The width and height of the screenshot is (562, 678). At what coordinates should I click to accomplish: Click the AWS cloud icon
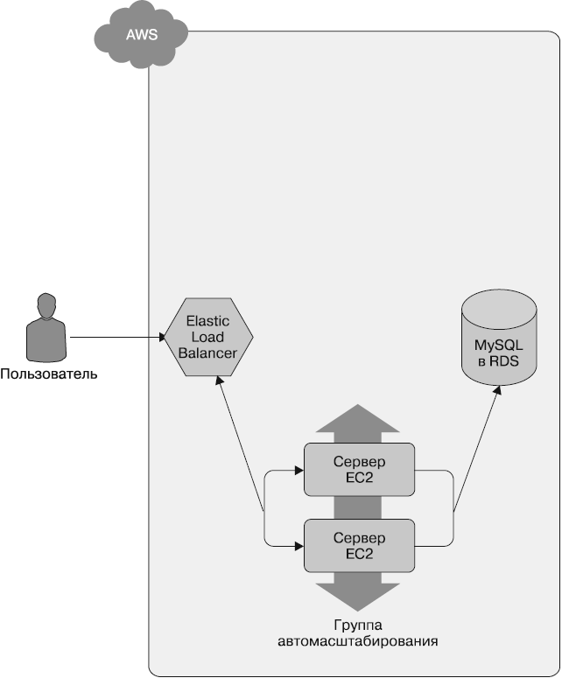click(x=140, y=34)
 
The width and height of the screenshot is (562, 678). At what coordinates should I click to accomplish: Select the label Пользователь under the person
click(x=48, y=375)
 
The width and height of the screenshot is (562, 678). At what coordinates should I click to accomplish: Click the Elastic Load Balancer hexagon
click(x=208, y=337)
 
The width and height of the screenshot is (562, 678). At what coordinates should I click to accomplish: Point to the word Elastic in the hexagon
click(x=208, y=322)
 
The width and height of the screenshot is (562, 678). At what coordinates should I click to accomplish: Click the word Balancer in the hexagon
click(x=208, y=353)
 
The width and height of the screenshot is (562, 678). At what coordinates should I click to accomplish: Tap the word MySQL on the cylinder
click(x=498, y=346)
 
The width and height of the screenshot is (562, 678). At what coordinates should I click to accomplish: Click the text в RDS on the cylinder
click(x=498, y=360)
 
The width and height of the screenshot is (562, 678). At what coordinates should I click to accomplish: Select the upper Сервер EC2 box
click(x=360, y=469)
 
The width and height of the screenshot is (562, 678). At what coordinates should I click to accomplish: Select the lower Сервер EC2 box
click(x=360, y=545)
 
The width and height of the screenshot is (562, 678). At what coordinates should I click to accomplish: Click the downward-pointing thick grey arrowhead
click(x=360, y=597)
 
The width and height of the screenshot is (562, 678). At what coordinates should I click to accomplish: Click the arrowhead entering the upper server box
click(x=299, y=471)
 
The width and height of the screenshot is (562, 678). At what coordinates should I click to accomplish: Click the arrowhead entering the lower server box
click(x=299, y=546)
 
